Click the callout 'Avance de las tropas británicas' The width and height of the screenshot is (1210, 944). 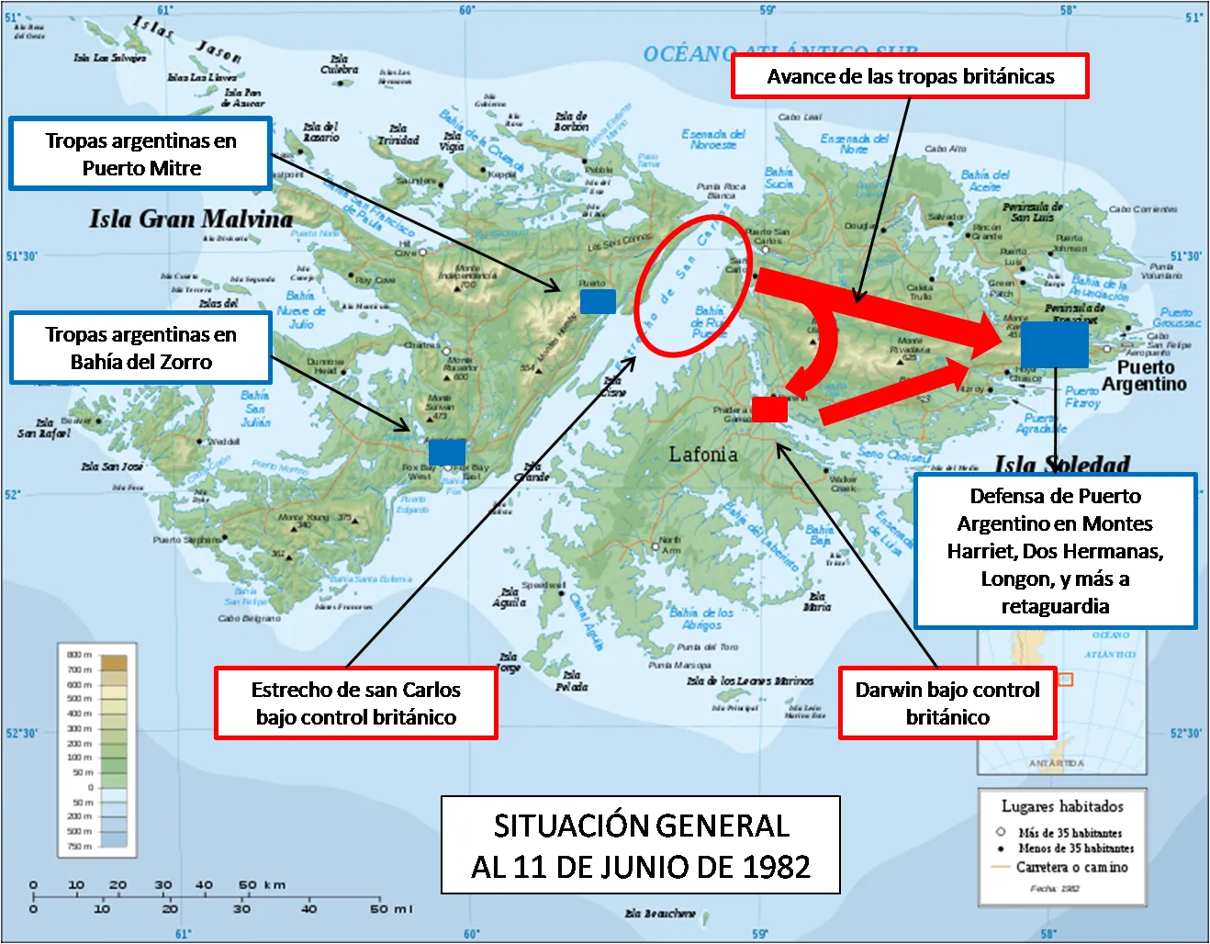pyautogui.click(x=910, y=76)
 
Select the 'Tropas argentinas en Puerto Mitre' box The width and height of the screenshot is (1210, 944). pyautogui.click(x=140, y=154)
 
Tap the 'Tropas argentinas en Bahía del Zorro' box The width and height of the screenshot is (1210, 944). pyautogui.click(x=140, y=348)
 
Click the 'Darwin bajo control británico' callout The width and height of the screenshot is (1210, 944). pyautogui.click(x=947, y=703)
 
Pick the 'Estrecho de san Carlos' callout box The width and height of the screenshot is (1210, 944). pyautogui.click(x=356, y=703)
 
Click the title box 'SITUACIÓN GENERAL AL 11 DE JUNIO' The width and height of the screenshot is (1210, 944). pyautogui.click(x=641, y=845)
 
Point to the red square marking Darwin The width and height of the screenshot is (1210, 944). pyautogui.click(x=769, y=409)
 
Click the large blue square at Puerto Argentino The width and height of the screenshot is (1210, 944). pyautogui.click(x=1054, y=344)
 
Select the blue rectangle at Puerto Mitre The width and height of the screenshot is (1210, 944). pyautogui.click(x=598, y=301)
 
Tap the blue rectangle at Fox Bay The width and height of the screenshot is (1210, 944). pyautogui.click(x=447, y=452)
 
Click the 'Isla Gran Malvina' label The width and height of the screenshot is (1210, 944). pyautogui.click(x=191, y=219)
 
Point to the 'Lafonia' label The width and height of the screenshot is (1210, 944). pyautogui.click(x=702, y=454)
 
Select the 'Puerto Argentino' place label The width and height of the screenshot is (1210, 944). pyautogui.click(x=1145, y=376)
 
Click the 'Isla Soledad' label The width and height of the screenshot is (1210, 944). pyautogui.click(x=1062, y=464)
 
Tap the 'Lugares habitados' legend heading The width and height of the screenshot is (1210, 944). pyautogui.click(x=1062, y=806)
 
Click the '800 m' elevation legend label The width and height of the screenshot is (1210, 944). pyautogui.click(x=80, y=655)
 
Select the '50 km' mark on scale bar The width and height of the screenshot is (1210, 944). pyautogui.click(x=262, y=885)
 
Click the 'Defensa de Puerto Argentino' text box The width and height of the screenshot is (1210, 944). pyautogui.click(x=1055, y=551)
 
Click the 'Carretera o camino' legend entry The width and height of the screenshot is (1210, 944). pyautogui.click(x=1071, y=867)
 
